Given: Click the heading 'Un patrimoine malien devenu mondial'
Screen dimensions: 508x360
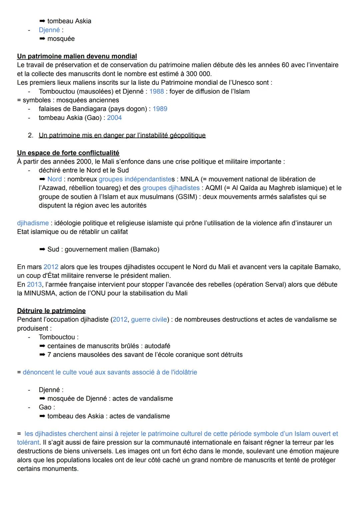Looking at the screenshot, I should point(77,56).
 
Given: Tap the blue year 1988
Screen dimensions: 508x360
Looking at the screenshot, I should point(156,91).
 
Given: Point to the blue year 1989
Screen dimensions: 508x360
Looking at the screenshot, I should point(160,109).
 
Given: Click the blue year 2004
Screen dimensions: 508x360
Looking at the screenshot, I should point(114,118).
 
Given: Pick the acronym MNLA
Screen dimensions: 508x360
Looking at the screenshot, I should point(189,179).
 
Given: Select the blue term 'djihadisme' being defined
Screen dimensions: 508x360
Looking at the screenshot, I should point(33,223).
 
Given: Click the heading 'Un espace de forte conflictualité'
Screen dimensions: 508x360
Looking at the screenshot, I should point(68,153).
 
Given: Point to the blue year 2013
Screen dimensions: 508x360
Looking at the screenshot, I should point(34,284).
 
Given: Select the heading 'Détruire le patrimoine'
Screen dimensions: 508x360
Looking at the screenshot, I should point(51,311).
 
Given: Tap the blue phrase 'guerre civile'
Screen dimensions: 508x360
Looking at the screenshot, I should point(149,319).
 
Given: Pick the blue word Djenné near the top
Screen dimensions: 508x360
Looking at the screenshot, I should point(49,30).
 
